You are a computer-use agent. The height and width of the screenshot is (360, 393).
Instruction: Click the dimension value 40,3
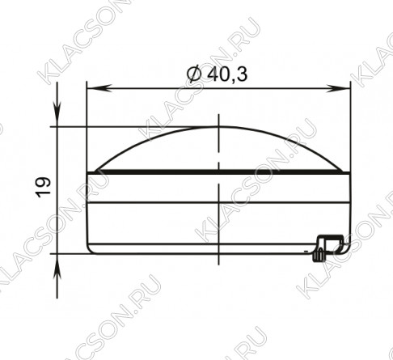click(227, 74)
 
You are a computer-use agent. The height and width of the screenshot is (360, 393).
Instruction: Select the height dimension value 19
click(43, 188)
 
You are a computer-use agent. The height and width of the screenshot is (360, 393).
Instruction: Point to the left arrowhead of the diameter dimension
click(99, 88)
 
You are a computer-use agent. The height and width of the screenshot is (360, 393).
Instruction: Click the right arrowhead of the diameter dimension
click(337, 88)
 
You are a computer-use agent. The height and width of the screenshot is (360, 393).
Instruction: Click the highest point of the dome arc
click(218, 126)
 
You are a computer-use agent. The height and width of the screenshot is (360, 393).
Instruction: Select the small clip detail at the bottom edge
click(328, 248)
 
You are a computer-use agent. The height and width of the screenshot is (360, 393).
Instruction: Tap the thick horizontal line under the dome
click(218, 172)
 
